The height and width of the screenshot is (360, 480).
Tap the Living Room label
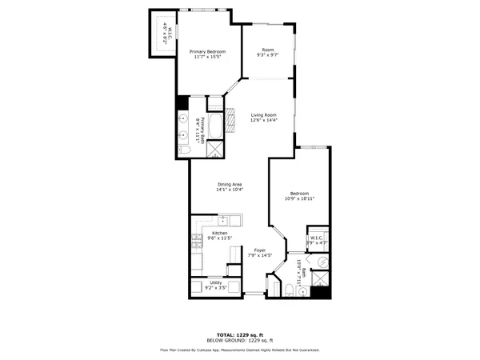click(x=263, y=114)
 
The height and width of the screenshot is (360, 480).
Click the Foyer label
click(x=260, y=250)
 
